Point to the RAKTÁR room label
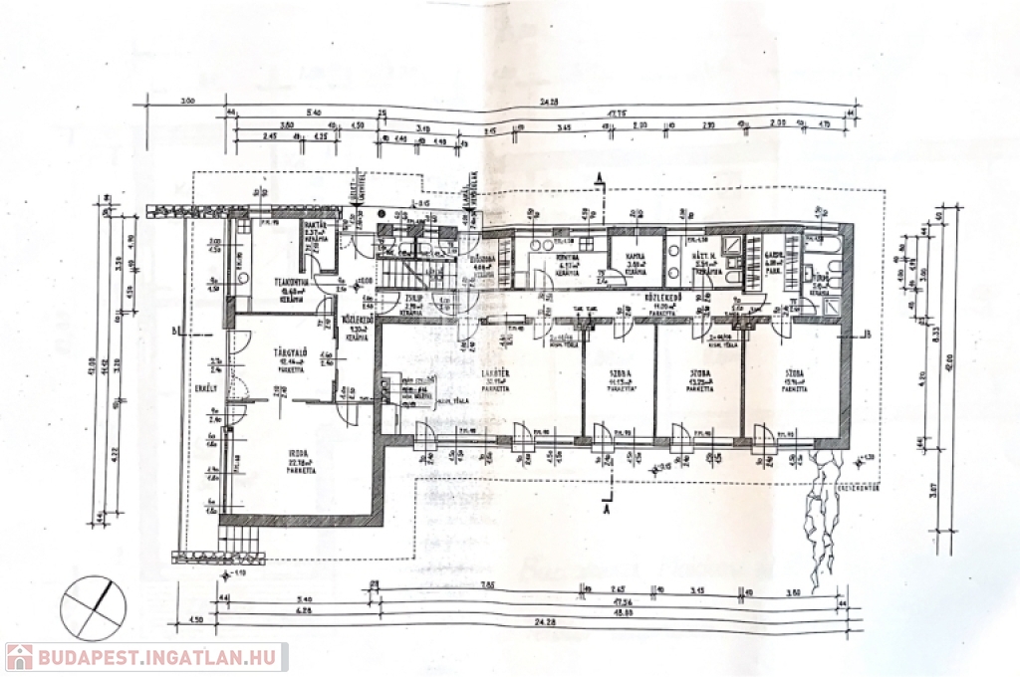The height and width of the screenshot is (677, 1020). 317,226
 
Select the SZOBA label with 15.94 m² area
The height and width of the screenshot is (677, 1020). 794,376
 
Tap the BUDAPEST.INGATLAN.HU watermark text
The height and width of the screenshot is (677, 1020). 159,657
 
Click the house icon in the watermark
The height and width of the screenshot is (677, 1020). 19,657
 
